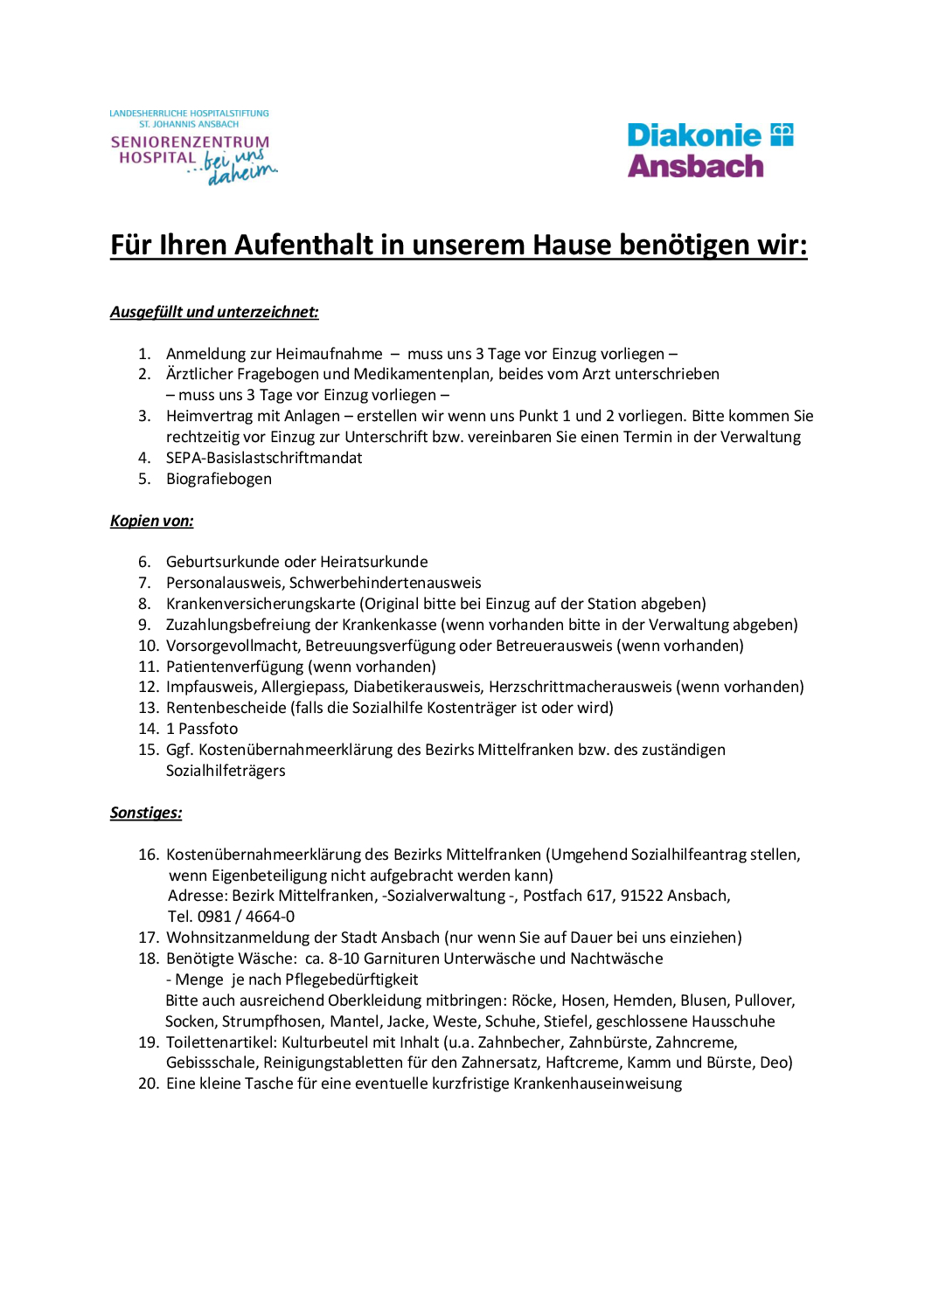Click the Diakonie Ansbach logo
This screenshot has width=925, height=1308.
(709, 150)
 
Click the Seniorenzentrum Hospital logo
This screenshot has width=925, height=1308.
(191, 148)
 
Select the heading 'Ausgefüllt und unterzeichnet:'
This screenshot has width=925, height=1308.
(214, 312)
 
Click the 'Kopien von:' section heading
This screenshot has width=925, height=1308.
(151, 521)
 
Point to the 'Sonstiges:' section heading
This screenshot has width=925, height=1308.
(146, 813)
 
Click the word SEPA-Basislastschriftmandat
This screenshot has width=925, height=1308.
(263, 458)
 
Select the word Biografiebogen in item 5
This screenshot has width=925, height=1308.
(219, 479)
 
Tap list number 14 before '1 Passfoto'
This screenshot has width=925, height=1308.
(149, 729)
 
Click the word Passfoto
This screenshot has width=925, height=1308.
(208, 729)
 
